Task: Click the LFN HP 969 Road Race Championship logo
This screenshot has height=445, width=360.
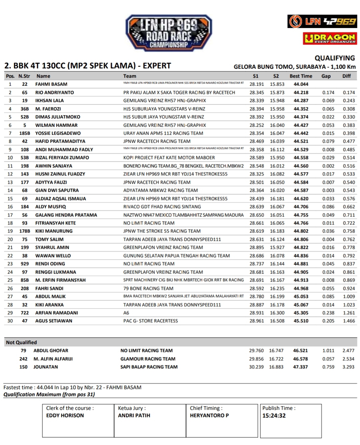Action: [169, 33]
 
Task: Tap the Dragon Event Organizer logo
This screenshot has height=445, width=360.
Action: [330, 38]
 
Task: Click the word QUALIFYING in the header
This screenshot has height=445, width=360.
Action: [335, 58]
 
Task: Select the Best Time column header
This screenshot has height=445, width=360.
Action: [301, 76]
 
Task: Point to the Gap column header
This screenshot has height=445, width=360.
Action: [326, 76]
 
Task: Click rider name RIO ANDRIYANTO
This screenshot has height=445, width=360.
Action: [55, 92]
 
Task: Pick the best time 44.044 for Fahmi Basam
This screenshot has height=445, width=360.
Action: [301, 84]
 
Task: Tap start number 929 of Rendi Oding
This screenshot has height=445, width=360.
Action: [25, 264]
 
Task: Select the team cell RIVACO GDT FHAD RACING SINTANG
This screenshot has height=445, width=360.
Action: [162, 207]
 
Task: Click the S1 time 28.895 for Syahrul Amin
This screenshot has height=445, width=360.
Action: [257, 248]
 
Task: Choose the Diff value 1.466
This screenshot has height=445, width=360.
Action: [349, 321]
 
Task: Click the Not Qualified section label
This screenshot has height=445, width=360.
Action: [21, 342]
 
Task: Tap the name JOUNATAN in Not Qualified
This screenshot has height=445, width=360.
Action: [46, 367]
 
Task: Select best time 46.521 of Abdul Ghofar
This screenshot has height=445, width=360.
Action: [300, 351]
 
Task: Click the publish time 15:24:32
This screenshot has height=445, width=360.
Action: [274, 416]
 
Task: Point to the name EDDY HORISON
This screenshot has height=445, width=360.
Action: [65, 416]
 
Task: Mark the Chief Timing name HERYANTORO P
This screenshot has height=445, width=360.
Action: [209, 416]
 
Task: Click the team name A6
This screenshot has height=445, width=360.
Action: [126, 313]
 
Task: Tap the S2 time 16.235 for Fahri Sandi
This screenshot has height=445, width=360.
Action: [277, 289]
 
